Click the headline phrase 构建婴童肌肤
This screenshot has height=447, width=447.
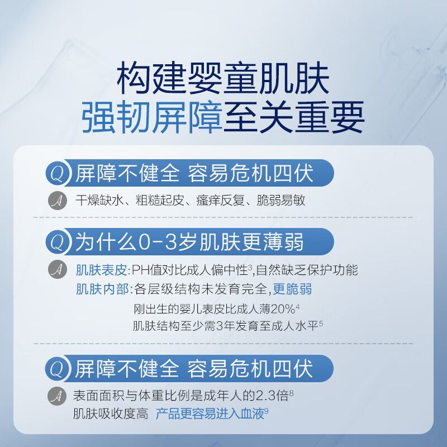point(223,78)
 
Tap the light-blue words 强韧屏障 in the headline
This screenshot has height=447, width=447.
point(152,117)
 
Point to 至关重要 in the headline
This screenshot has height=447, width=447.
point(294,117)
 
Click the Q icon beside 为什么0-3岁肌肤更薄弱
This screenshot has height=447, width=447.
point(58,242)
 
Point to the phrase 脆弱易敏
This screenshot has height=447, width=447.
point(281,200)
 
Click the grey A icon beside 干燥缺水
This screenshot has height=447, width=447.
point(58,201)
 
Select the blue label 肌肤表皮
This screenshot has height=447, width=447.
point(101,270)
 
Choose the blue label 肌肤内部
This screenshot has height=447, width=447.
point(101,289)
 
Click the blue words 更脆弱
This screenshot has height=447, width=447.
point(292,289)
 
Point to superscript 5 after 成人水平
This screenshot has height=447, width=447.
point(321,324)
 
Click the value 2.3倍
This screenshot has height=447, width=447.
point(273,396)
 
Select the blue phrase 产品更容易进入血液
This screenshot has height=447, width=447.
point(210,414)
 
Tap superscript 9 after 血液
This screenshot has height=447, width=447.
point(267,411)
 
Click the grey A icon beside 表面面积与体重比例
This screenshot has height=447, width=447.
point(57,396)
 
